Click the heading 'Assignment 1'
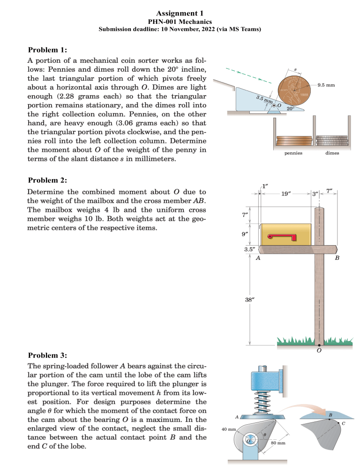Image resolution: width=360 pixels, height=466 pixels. pyautogui.click(x=180, y=13)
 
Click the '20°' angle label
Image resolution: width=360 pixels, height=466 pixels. pyautogui.click(x=291, y=108)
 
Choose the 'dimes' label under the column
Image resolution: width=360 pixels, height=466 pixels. pyautogui.click(x=332, y=153)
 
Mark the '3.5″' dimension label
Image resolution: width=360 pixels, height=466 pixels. pyautogui.click(x=249, y=249)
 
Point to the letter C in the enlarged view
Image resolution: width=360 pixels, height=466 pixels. pyautogui.click(x=344, y=425)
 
